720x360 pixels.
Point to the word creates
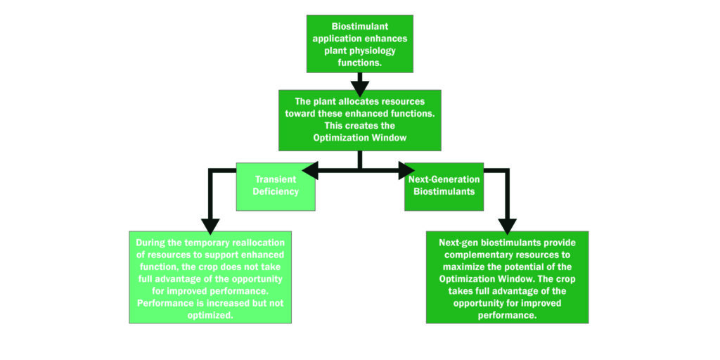pos(358,126)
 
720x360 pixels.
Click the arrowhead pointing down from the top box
pos(359,87)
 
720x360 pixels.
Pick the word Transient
pos(276,179)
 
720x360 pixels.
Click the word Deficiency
pos(276,191)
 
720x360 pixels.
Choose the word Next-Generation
pos(444,179)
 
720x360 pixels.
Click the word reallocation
pos(251,243)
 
